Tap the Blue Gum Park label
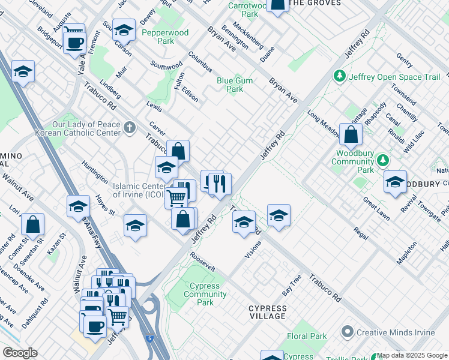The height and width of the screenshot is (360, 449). pos(234,85)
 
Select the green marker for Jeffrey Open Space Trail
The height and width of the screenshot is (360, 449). pos(340,76)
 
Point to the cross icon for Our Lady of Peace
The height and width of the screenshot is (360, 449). pos(130,127)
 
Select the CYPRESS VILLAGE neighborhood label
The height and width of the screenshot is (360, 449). pos(268,312)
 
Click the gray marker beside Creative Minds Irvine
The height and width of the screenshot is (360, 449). pos(347,332)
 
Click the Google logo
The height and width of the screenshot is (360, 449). pos(20,353)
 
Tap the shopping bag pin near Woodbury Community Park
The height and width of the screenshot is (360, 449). pos(351,136)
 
